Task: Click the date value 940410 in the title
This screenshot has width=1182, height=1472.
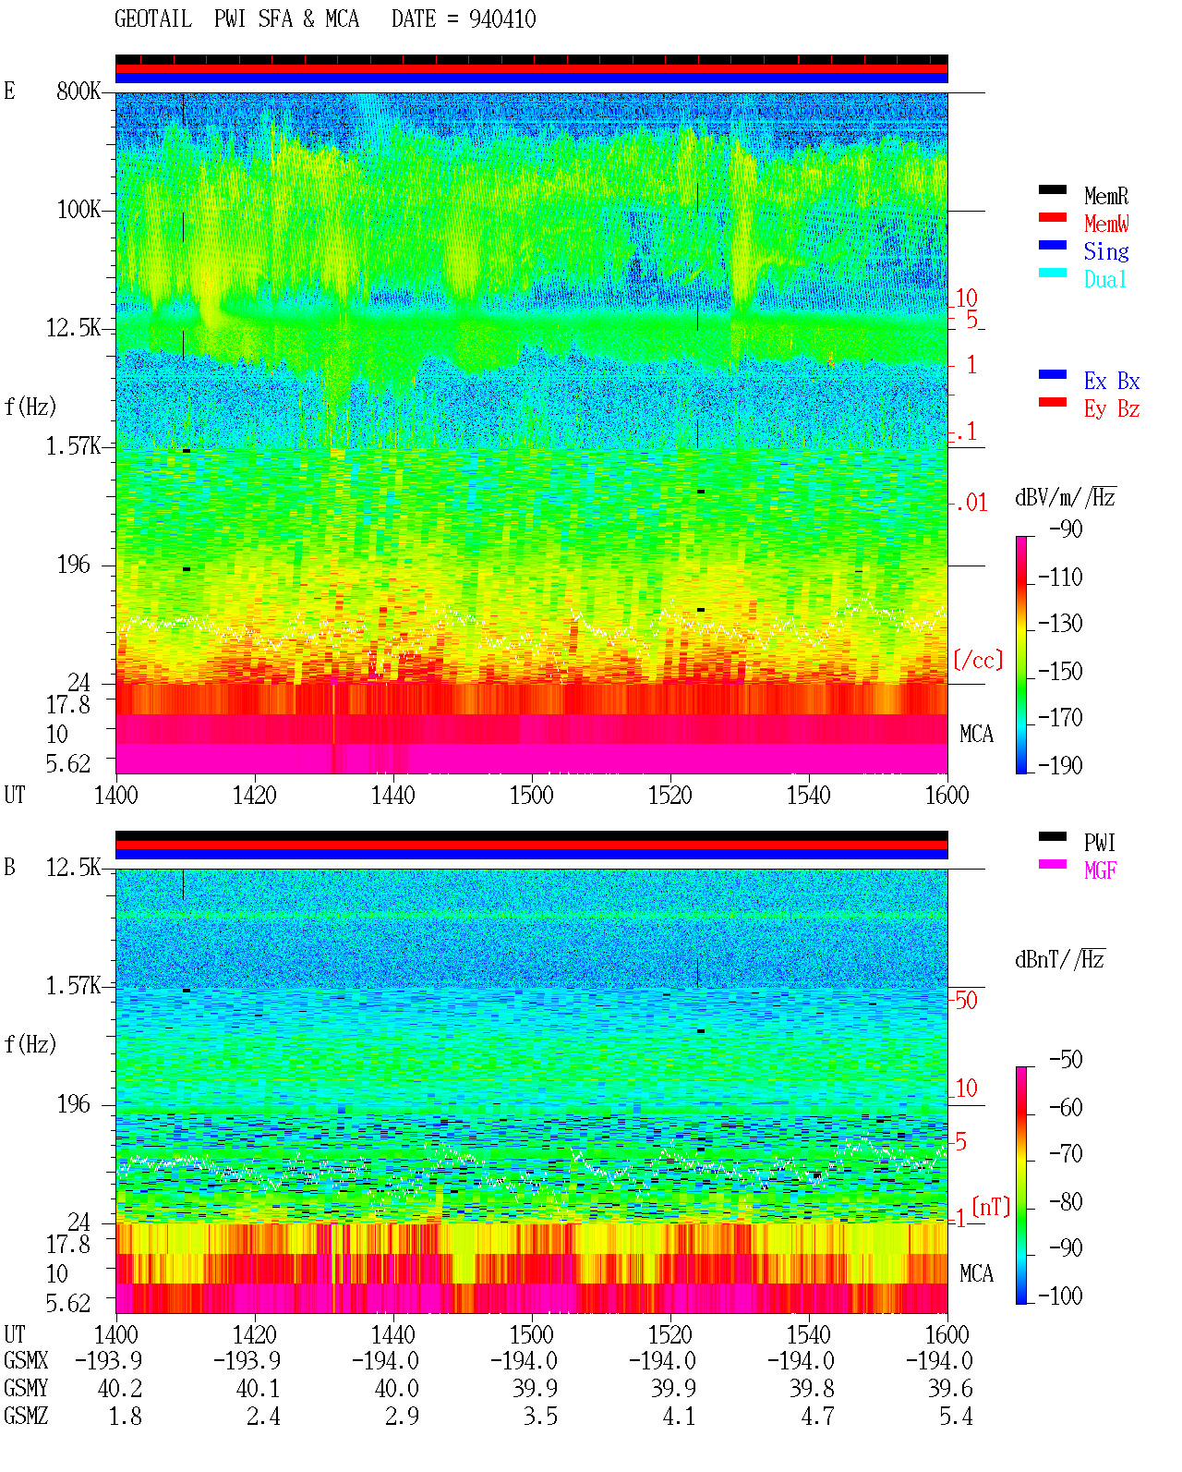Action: pos(501,19)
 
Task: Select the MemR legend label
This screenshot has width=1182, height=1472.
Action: pos(1106,196)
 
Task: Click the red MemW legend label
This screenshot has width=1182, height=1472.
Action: pos(1106,224)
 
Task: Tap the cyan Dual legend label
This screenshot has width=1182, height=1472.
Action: pos(1104,279)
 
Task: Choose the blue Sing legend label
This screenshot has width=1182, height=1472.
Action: pos(1105,251)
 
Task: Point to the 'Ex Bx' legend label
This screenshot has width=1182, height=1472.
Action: pos(1112,381)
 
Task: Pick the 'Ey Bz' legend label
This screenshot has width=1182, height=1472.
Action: pos(1112,409)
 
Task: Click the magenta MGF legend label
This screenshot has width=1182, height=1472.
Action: pos(1100,870)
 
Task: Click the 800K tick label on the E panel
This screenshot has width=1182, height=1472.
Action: pos(78,91)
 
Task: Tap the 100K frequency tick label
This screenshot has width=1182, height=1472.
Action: pos(78,210)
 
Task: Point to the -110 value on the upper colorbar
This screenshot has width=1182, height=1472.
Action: pos(1060,578)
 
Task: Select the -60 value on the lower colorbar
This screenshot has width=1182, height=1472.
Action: pos(1066,1107)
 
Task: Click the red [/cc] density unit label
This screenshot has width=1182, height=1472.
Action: pos(978,660)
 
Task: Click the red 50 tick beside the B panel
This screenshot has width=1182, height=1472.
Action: pos(966,1001)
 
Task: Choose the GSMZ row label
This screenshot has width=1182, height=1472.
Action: pos(26,1416)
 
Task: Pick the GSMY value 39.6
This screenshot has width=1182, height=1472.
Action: pos(950,1388)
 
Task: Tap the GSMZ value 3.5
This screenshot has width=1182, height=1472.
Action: pos(541,1416)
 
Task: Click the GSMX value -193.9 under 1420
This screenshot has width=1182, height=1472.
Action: pos(247,1360)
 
